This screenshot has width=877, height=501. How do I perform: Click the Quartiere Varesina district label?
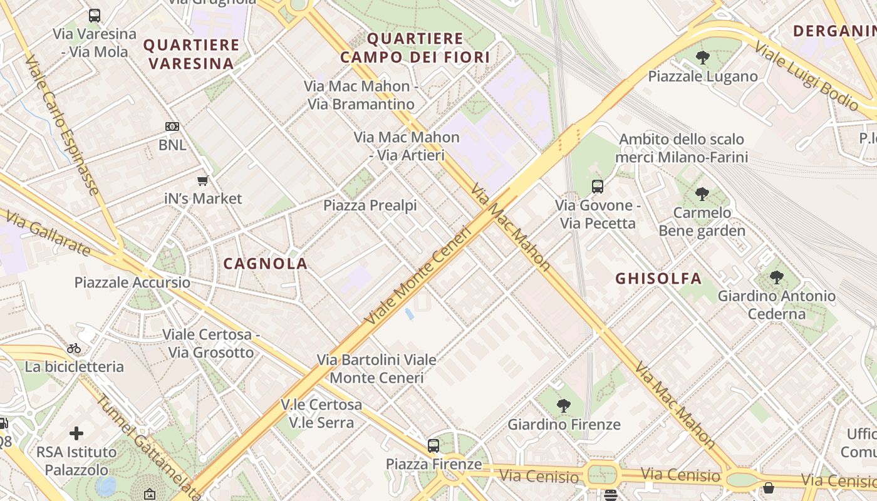tap(192, 54)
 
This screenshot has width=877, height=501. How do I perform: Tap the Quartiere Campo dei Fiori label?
tap(415, 48)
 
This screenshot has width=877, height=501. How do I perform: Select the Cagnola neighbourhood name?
tap(266, 264)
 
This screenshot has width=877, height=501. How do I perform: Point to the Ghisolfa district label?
tap(658, 279)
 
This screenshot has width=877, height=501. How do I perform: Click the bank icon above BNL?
tap(172, 127)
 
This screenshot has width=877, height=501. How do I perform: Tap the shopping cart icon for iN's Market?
tap(202, 181)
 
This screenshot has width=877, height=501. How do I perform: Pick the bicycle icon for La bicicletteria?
tap(74, 348)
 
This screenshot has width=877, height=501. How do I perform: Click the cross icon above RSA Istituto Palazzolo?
tap(76, 433)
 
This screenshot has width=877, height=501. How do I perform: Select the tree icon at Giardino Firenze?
tap(564, 406)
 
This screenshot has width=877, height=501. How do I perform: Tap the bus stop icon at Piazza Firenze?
tap(433, 446)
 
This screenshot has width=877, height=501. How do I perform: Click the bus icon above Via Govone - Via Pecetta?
tap(598, 187)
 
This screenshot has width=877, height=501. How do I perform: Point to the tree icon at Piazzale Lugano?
tap(703, 58)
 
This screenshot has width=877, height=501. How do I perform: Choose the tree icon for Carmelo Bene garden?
tap(702, 194)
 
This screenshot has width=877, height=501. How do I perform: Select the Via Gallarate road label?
tap(48, 233)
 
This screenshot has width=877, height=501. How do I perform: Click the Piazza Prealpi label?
tap(370, 205)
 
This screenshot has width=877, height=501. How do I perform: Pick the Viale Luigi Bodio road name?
tap(806, 76)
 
